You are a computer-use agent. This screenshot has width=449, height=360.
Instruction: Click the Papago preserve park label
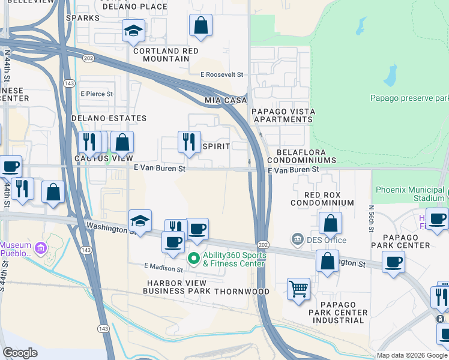click(409, 98)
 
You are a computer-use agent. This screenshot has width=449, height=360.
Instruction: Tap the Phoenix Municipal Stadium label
click(411, 194)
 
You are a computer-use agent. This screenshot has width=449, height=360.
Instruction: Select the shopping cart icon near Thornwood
click(298, 289)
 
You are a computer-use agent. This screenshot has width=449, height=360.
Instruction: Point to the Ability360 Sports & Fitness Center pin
click(193, 259)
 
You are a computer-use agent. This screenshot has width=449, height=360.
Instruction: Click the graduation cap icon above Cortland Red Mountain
click(133, 31)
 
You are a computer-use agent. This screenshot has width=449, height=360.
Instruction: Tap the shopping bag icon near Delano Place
click(200, 26)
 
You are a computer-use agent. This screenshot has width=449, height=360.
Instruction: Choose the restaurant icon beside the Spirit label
click(189, 142)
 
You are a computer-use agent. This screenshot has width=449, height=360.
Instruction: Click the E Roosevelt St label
click(222, 74)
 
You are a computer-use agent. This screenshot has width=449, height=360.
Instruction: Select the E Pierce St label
click(97, 94)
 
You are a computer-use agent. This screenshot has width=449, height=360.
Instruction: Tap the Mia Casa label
click(226, 100)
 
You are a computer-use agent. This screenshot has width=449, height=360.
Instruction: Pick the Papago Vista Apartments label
click(282, 115)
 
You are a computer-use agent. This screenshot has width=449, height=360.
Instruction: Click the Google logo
click(20, 353)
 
